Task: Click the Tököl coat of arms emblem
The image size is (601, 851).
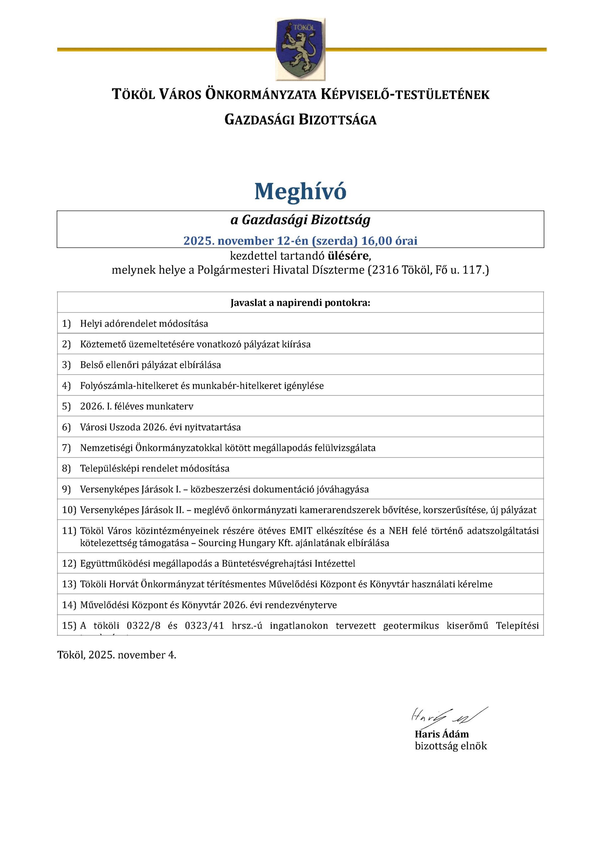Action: point(300,49)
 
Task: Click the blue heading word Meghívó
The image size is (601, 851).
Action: point(300,191)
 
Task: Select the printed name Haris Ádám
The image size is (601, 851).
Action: point(442,734)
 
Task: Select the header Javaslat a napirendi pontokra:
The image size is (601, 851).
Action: point(300,303)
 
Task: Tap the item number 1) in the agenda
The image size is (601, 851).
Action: point(66,323)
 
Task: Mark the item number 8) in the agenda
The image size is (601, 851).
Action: point(66,468)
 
